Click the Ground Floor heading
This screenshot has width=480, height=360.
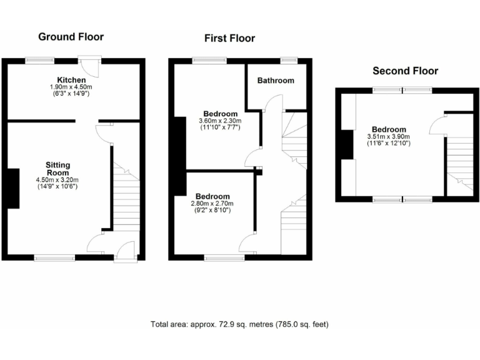coord(71,37)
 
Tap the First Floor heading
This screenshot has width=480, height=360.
coord(229,39)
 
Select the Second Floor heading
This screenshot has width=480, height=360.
coord(405,71)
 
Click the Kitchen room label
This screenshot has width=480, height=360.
coord(71,80)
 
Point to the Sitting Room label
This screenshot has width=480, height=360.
coord(58,169)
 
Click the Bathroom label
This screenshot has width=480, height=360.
coord(276,81)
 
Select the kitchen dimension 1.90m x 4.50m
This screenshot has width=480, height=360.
coord(71,87)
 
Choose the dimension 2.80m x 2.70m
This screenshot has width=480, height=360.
coord(212,204)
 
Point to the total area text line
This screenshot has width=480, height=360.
coord(239,324)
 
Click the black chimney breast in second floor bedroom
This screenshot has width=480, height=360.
coord(344,145)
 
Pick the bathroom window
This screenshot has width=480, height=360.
coord(289,61)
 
